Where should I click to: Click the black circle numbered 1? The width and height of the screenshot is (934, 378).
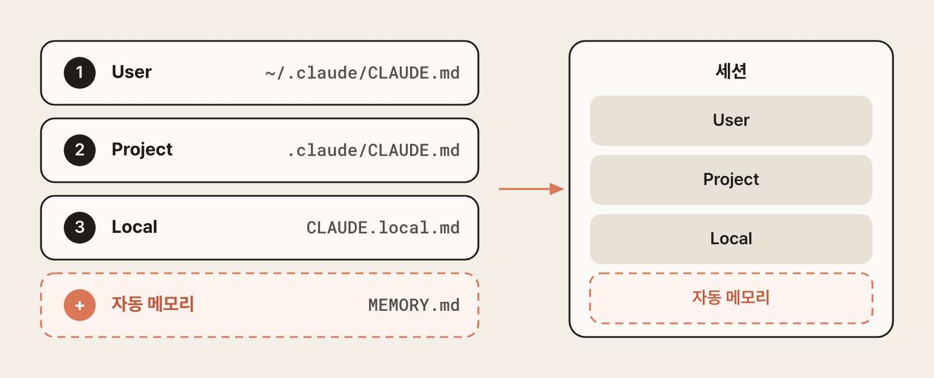pos(80,73)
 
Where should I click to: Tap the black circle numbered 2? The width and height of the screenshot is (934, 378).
pos(80,150)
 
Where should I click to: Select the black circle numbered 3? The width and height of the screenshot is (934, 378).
pos(80,228)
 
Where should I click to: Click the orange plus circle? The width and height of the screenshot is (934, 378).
pos(80,305)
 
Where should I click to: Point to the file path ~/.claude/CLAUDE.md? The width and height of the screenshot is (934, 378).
pos(362,73)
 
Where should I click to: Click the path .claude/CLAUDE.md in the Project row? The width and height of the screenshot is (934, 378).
pos(373,150)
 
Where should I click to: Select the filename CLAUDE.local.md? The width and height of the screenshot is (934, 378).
pos(383,228)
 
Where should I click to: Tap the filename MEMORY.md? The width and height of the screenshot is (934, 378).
pos(414,305)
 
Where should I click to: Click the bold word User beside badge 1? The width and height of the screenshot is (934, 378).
pos(132,72)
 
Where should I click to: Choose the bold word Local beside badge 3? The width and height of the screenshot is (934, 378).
pos(134,227)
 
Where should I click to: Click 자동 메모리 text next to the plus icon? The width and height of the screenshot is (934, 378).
pos(153,304)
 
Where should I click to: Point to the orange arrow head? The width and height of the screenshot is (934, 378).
pos(556,189)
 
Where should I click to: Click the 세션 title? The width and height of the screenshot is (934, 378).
pos(731,71)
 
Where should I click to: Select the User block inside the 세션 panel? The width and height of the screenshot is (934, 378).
pos(731,121)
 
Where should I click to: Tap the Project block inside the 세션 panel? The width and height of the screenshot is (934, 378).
pos(731,180)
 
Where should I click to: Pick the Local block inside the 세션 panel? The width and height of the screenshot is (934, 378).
pos(731,239)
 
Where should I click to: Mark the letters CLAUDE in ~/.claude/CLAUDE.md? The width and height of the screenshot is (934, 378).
pos(398,73)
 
